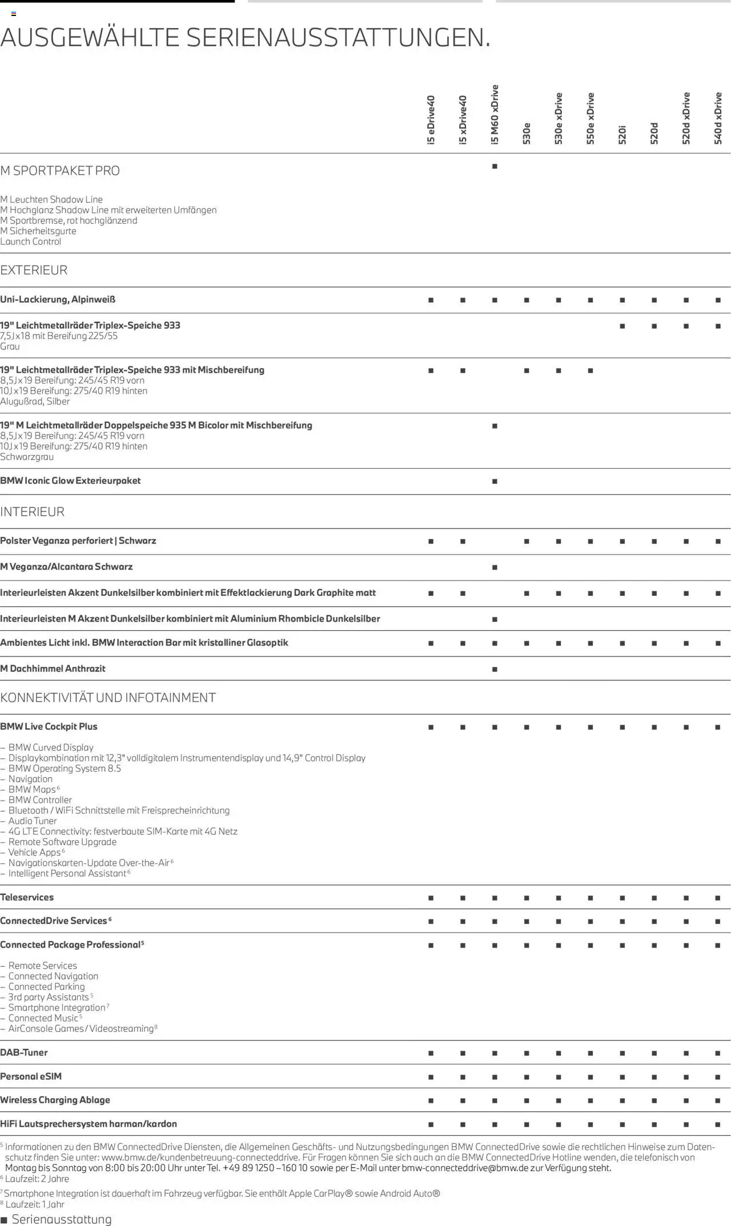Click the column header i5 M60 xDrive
495,114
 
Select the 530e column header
527,133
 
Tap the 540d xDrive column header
718,118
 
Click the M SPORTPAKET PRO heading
60,171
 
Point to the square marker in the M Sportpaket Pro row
495,167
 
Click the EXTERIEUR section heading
34,270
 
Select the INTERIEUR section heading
32,511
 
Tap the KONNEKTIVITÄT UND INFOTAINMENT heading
108,697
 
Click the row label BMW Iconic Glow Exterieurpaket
70,481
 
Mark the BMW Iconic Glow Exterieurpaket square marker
495,481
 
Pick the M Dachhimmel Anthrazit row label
53,668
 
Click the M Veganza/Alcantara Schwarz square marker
495,567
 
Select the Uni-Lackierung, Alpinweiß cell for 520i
622,300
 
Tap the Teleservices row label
27,897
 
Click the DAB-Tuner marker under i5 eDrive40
431,1053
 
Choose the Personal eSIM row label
31,1076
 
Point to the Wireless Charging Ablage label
55,1100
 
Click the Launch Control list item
31,241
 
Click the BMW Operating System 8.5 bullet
65,768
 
